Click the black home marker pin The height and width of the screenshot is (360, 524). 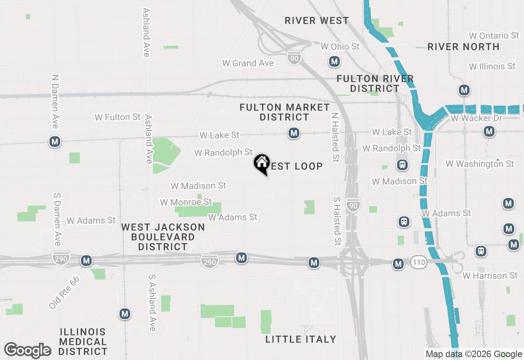pyautogui.click(x=262, y=164)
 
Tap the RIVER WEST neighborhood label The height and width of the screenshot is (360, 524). pyautogui.click(x=317, y=20)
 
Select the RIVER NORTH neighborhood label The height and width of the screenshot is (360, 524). pyautogui.click(x=463, y=47)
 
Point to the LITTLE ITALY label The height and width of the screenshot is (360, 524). pyautogui.click(x=301, y=339)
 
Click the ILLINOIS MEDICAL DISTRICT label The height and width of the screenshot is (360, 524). pyautogui.click(x=83, y=342)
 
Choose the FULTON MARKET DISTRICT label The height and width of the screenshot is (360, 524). pyautogui.click(x=285, y=112)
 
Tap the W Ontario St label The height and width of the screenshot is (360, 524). pyautogui.click(x=493, y=36)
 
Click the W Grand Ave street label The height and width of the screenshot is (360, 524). pyautogui.click(x=248, y=63)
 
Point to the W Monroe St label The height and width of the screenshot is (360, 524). pyautogui.click(x=186, y=202)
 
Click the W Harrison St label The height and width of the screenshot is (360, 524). pyautogui.click(x=490, y=276)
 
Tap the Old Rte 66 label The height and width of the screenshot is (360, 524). pyautogui.click(x=64, y=292)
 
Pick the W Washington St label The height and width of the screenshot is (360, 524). pyautogui.click(x=480, y=164)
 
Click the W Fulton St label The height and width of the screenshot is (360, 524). pyautogui.click(x=117, y=117)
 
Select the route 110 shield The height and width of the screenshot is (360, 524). pyautogui.click(x=418, y=263)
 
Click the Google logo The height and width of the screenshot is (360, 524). pyautogui.click(x=28, y=351)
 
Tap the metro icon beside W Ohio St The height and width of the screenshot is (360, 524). pyautogui.click(x=334, y=62)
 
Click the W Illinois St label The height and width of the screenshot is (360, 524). pyautogui.click(x=492, y=66)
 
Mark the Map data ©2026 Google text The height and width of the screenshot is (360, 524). pyautogui.click(x=474, y=354)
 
